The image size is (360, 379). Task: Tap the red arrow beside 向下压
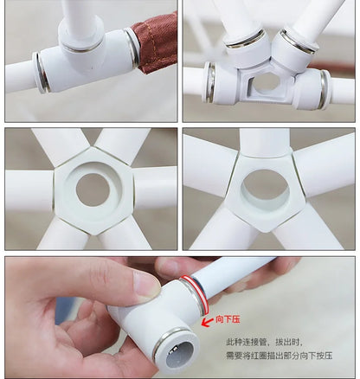[x=206, y=321]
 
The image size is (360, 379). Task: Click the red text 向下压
[x=228, y=319]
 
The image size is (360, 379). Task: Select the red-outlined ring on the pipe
[x=195, y=295]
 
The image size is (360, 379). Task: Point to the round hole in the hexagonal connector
[x=93, y=189]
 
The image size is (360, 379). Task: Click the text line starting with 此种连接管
[x=264, y=343]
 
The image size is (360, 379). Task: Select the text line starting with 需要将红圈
[x=280, y=356]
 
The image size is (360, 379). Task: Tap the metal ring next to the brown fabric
[x=132, y=48]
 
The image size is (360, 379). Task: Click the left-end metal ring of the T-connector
[x=42, y=73]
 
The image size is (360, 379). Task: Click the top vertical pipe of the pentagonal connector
[x=265, y=142]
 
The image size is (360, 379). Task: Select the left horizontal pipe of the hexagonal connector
[x=29, y=190]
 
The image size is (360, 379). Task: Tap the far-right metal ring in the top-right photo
[x=325, y=89]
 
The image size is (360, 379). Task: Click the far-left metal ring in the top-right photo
[x=210, y=82]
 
